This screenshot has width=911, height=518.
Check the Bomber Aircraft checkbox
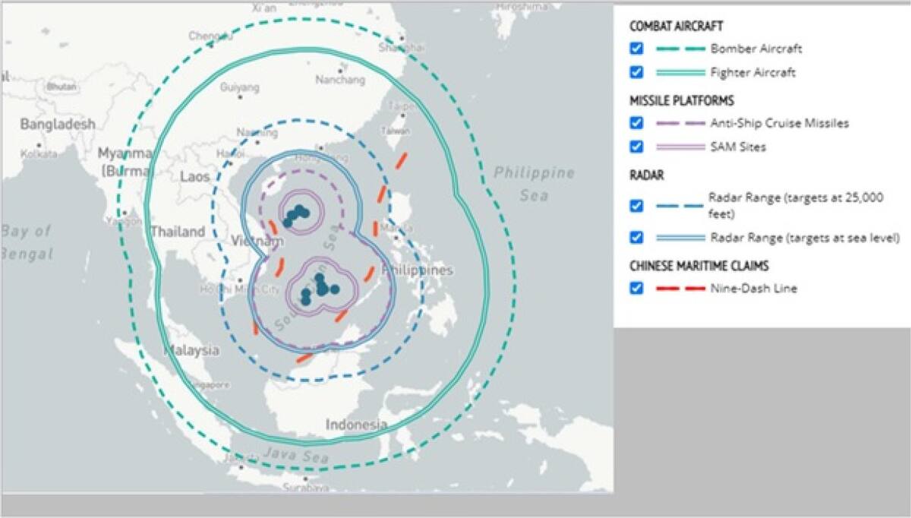coord(636,49)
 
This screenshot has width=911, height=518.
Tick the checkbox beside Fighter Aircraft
coord(636,72)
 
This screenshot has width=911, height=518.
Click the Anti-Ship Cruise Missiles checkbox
coord(636,123)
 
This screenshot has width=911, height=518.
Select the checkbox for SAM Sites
coord(636,147)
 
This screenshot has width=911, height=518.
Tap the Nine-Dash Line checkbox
coord(636,288)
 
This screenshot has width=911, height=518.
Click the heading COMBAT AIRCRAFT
coord(675,26)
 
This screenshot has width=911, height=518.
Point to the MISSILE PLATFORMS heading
coord(681,100)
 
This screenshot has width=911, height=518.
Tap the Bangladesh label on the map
coord(58,124)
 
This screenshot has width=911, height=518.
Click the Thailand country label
coord(178,232)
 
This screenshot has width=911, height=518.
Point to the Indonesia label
coord(356,425)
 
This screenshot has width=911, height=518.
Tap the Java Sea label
coord(296,456)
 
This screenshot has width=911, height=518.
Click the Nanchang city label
coord(340,80)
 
